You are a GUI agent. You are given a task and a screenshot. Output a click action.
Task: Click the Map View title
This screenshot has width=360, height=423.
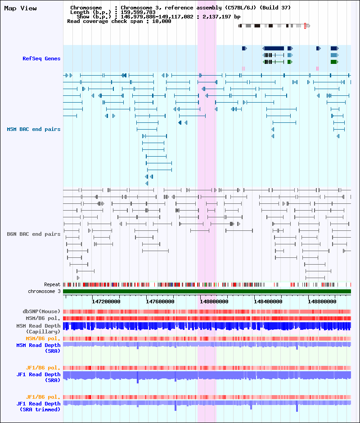pos(20,9)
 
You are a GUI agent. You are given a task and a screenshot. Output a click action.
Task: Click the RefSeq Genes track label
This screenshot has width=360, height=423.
pos(41,58)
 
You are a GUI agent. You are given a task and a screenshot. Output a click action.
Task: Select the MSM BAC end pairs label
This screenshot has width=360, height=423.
pos(33,129)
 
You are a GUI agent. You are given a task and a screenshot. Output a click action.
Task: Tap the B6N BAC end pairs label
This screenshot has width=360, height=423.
pos(33,234)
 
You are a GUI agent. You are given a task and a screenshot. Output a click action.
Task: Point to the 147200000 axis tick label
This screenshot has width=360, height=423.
pos(106,301)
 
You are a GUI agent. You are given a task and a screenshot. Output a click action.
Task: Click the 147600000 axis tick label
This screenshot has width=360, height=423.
pos(160,301)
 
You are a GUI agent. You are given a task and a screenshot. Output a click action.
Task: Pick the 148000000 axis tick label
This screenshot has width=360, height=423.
pos(214,301)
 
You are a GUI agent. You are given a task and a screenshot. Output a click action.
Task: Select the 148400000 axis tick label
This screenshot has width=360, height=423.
pos(268,301)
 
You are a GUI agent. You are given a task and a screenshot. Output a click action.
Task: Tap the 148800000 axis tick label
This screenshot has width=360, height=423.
pos(322,301)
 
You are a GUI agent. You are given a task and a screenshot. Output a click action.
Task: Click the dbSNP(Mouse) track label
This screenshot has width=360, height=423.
pos(41,311)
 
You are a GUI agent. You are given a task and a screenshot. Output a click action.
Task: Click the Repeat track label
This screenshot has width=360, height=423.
pos(52,284)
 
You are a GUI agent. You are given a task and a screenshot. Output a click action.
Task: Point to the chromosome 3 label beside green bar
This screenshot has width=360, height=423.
pos(44,291)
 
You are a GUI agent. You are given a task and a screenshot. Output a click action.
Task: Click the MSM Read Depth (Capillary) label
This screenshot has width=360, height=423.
pos(38,328)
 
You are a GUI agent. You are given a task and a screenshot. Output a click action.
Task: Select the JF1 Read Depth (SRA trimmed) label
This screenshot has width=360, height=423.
pos(38,406)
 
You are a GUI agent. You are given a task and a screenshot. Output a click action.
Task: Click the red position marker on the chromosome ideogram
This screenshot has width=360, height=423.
pos(305,26)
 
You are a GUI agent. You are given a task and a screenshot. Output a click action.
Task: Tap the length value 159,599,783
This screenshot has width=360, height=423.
pos(138,12)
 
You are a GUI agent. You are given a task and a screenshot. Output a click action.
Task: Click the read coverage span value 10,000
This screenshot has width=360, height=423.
pos(162,21)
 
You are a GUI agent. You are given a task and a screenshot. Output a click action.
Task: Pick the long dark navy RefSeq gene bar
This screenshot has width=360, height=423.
pos(273,48)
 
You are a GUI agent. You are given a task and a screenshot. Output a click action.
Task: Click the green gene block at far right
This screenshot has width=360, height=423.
pos(334,62)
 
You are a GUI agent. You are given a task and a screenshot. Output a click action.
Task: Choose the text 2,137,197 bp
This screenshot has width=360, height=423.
pos(221,17)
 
